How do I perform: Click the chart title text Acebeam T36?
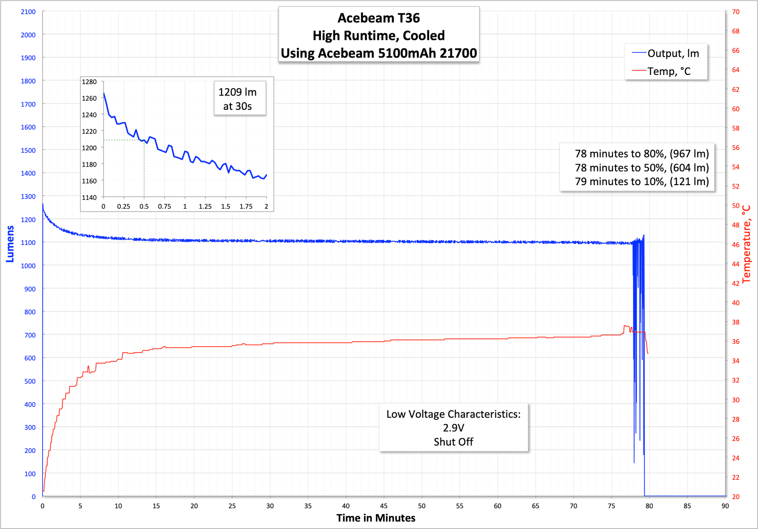pyautogui.click(x=379, y=18)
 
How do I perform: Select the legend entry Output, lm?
pyautogui.click(x=673, y=53)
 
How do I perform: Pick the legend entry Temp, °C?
pyautogui.click(x=669, y=72)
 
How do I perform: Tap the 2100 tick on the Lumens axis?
pyautogui.click(x=28, y=12)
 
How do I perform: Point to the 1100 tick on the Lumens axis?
pyautogui.click(x=28, y=242)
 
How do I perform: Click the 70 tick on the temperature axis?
pyautogui.click(x=735, y=12)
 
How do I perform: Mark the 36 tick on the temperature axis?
pyautogui.click(x=735, y=341)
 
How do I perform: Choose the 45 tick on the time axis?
pyautogui.click(x=384, y=506)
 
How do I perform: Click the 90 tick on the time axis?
pyautogui.click(x=725, y=506)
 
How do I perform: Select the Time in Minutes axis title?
pyautogui.click(x=376, y=518)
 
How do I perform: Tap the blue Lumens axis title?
pyautogui.click(x=10, y=244)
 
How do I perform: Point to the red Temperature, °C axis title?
pyautogui.click(x=747, y=244)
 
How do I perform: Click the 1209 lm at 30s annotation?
pyautogui.click(x=238, y=99)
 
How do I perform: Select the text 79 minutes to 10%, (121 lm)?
pyautogui.click(x=642, y=181)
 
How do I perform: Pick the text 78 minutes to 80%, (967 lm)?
pyautogui.click(x=642, y=154)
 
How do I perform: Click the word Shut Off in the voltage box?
pyautogui.click(x=453, y=442)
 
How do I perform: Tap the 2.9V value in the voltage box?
pyautogui.click(x=453, y=428)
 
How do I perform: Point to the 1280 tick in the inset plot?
pyautogui.click(x=89, y=82)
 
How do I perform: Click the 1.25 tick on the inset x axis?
pyautogui.click(x=205, y=206)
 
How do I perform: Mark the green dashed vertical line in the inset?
pyautogui.click(x=144, y=168)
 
